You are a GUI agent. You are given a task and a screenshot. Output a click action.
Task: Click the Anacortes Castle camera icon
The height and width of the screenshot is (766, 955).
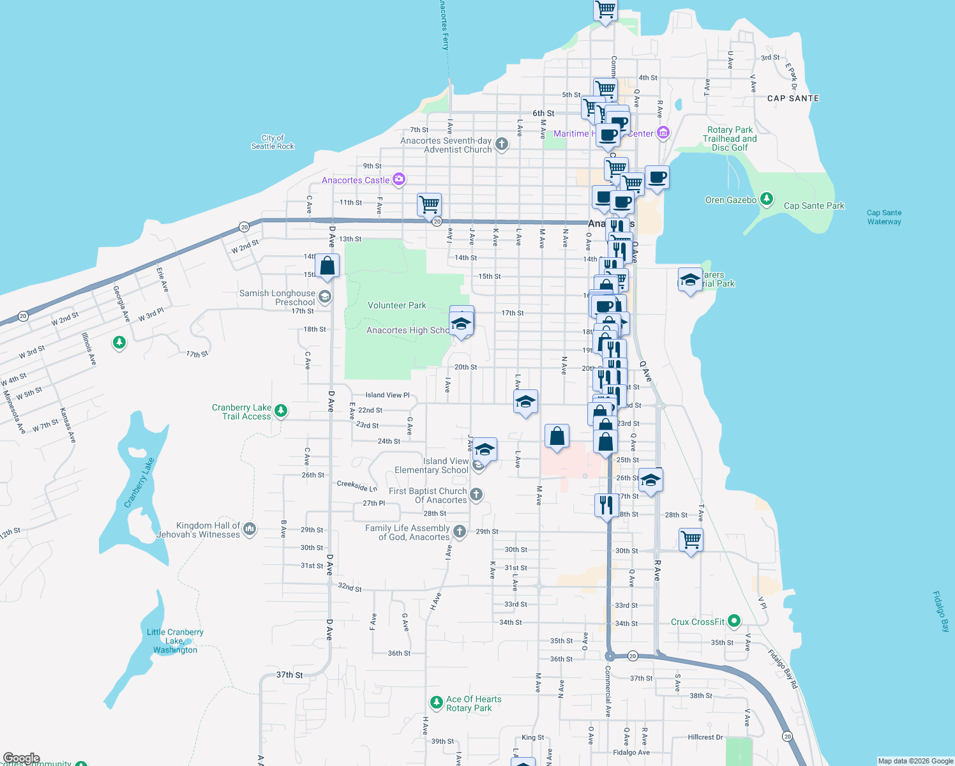(399, 179)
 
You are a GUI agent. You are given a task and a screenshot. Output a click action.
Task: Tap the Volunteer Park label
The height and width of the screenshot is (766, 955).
(396, 305)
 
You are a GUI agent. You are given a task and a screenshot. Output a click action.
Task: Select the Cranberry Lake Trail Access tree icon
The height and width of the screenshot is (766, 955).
(281, 410)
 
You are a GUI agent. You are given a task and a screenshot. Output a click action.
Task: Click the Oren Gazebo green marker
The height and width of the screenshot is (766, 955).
(767, 199)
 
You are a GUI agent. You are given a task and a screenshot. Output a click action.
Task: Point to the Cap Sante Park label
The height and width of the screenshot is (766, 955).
(814, 206)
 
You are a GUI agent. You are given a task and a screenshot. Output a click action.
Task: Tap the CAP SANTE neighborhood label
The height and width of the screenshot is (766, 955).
(793, 98)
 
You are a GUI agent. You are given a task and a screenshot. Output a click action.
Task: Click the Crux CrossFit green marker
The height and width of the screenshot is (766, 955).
(734, 620)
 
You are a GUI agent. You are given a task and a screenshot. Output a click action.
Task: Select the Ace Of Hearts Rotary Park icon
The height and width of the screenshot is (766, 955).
(436, 703)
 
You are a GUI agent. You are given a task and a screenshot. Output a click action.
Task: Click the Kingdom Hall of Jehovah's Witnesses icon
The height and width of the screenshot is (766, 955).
(250, 529)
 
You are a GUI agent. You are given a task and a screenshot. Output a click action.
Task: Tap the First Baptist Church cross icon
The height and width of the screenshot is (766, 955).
(476, 494)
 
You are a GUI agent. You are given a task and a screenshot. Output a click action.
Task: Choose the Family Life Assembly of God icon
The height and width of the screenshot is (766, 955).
(459, 531)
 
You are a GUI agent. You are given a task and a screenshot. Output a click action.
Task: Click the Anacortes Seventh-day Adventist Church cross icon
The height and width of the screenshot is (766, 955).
(502, 144)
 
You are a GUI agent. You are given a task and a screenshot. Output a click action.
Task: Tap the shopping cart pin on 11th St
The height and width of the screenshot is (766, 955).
(429, 205)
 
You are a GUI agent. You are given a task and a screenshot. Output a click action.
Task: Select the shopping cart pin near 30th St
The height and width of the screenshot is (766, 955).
(691, 540)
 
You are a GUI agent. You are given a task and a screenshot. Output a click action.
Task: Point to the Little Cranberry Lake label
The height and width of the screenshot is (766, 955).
(175, 641)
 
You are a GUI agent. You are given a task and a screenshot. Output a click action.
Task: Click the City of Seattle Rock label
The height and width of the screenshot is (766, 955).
(273, 142)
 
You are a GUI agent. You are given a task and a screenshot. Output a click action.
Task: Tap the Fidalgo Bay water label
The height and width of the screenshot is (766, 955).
(941, 611)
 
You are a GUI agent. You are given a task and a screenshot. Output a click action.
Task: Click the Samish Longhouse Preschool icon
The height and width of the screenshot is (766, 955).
(325, 297)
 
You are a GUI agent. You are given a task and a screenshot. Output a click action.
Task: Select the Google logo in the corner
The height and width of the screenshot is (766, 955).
(21, 758)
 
